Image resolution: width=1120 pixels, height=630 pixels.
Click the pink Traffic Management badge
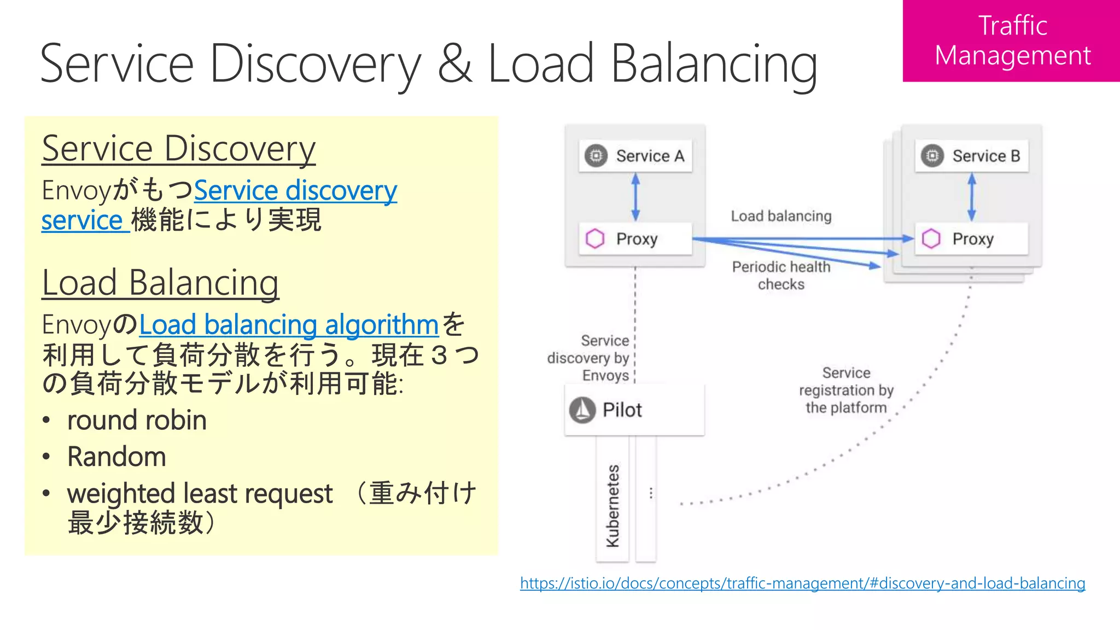(x=1011, y=41)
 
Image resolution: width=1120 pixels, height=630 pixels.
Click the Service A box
(x=635, y=156)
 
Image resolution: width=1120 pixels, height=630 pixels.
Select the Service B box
(x=972, y=156)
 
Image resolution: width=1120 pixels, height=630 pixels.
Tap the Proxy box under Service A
(x=635, y=239)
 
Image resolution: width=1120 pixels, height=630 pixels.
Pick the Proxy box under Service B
(x=972, y=239)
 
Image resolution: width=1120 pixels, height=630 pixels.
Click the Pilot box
(x=634, y=410)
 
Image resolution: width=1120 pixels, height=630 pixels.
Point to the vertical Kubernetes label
(x=613, y=506)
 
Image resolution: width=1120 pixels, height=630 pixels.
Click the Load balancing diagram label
(x=781, y=216)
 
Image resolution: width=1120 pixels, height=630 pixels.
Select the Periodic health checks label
(x=781, y=275)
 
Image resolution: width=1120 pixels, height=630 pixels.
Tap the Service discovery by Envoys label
(x=590, y=358)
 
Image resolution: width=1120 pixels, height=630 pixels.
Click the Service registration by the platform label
(x=846, y=390)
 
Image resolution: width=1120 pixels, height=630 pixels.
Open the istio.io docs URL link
(x=802, y=583)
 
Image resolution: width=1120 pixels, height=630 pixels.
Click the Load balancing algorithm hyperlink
(x=289, y=325)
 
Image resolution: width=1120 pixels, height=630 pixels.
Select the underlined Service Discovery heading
(x=179, y=149)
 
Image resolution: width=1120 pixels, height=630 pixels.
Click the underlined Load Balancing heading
(x=160, y=283)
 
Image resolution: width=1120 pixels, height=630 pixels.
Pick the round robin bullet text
(x=137, y=421)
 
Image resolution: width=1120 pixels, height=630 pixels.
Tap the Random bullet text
(x=116, y=457)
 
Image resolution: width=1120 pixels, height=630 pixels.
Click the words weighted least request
(x=200, y=493)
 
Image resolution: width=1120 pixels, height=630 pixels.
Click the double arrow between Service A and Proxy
(x=635, y=197)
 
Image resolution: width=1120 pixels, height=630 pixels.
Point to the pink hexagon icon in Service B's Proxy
(x=931, y=239)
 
